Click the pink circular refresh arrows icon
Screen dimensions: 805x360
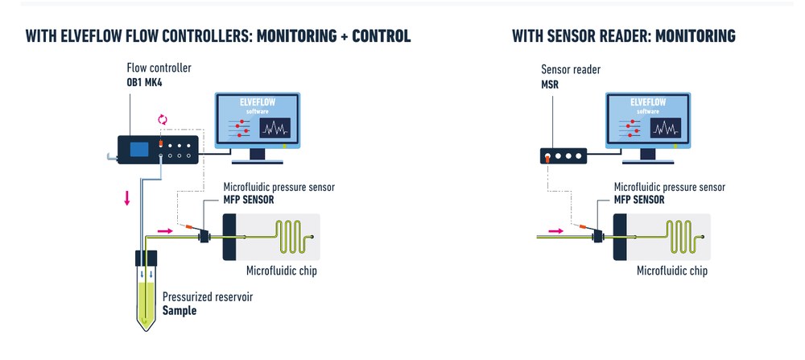tap(163, 120)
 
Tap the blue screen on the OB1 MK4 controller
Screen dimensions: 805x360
tap(139, 150)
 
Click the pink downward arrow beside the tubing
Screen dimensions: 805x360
tap(127, 197)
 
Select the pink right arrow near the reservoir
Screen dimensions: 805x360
tap(165, 231)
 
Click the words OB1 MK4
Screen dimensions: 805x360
tap(144, 81)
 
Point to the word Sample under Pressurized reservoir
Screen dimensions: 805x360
tap(180, 310)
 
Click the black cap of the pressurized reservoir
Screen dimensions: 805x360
tap(146, 258)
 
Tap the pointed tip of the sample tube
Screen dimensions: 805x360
tap(147, 330)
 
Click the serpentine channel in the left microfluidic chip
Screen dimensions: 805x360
tap(294, 237)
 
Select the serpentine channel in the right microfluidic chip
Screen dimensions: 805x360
tap(685, 237)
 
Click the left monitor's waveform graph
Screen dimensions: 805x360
tap(275, 128)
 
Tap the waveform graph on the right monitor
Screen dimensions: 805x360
tap(666, 128)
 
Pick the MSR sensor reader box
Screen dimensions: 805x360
tap(563, 155)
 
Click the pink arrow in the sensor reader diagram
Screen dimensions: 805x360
tap(556, 231)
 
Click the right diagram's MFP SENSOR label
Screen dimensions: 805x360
tap(639, 199)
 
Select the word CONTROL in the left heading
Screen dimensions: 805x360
tap(382, 36)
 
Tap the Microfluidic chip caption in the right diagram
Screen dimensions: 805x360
tap(672, 271)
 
